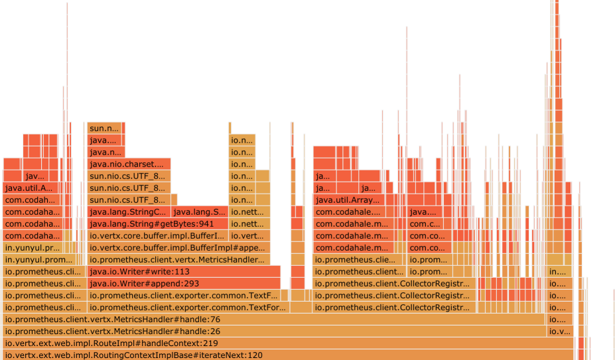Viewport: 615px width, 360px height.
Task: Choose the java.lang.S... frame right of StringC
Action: tap(199, 212)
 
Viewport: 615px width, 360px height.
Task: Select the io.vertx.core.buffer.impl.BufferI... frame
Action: tap(157, 236)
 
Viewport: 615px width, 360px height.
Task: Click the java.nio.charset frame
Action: tap(129, 164)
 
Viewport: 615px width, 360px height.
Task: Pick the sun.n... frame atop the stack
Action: tap(104, 128)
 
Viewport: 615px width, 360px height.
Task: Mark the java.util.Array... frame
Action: tap(348, 200)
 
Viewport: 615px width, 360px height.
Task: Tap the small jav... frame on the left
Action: tap(34, 176)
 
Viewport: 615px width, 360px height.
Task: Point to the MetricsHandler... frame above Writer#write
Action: tap(178, 260)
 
